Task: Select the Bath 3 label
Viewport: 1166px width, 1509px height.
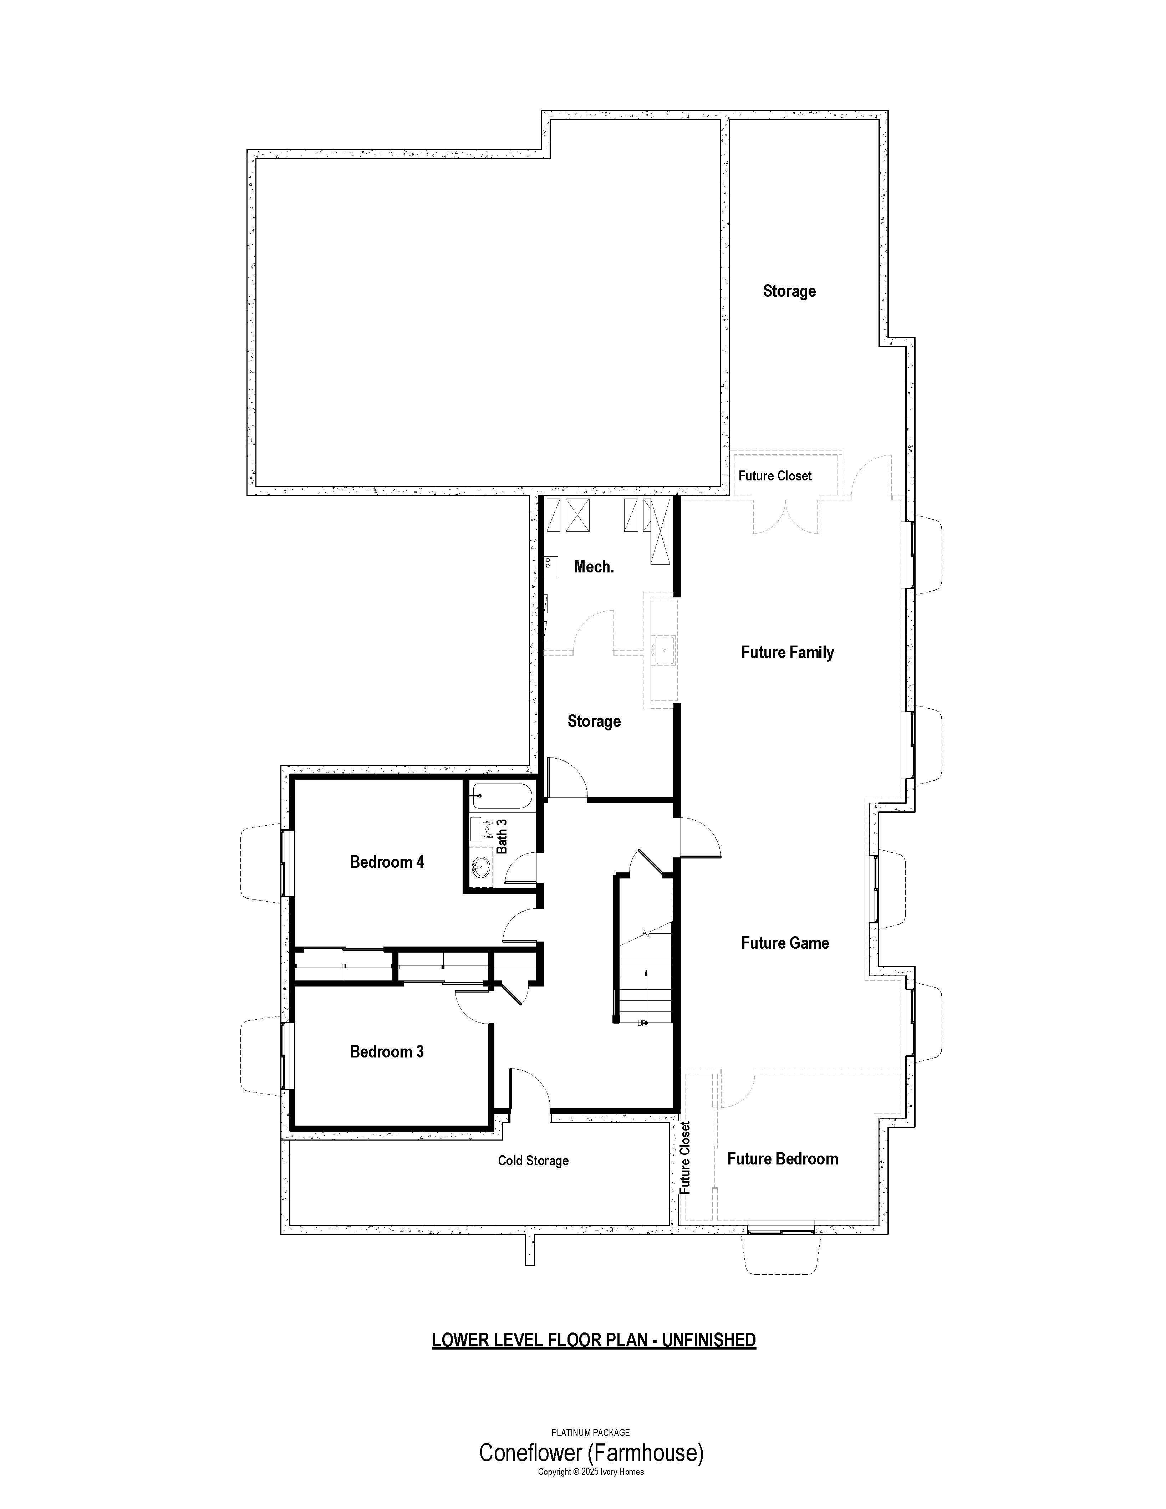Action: [502, 836]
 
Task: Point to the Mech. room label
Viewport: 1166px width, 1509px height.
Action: [594, 567]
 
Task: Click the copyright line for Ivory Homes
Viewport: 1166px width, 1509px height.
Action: [591, 1472]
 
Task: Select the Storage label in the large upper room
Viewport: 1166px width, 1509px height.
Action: [789, 291]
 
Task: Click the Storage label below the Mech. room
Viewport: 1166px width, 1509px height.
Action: [594, 722]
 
